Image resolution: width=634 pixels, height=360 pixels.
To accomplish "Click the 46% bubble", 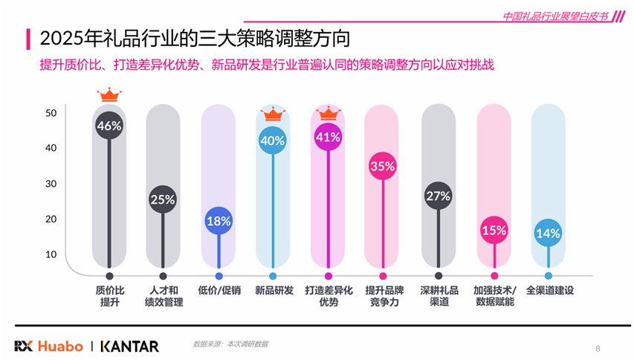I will pos(109,126).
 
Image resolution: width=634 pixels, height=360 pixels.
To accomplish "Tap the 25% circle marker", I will pos(163,199).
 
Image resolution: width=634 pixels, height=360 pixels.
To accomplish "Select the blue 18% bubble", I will pos(219,220).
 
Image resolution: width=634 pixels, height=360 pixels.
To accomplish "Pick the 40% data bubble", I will pos(273,140).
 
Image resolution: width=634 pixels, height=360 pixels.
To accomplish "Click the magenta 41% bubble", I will pos(328,137).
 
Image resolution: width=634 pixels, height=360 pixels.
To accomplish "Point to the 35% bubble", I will pos(382,167).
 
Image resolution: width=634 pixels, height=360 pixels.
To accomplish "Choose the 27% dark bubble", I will pos(439,196).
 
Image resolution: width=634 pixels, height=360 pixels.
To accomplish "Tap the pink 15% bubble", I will pos(494,231).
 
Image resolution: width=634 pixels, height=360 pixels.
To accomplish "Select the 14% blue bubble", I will pos(549,234).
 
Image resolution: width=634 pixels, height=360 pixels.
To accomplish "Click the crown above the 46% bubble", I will pos(109,94).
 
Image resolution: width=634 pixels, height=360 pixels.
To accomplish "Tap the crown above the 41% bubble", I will pos(328,114).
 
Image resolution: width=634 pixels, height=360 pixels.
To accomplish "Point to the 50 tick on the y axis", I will pos(51,113).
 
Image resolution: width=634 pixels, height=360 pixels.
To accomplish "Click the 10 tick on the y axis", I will pos(51,254).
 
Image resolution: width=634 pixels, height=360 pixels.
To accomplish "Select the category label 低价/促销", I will pos(219,290).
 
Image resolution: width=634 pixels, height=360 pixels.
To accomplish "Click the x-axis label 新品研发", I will pos(274,290).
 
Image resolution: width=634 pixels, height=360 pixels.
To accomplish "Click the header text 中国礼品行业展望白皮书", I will pos(554,16).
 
